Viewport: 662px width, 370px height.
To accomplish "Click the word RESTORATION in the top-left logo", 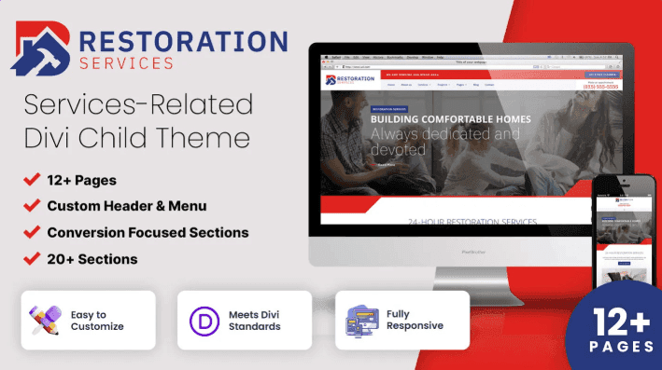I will pos(184,41).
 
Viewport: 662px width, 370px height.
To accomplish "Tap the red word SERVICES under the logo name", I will pos(127,63).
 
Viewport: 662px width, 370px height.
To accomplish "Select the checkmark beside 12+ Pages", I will pos(32,179).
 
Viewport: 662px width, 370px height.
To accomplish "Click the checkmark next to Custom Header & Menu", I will pos(32,205).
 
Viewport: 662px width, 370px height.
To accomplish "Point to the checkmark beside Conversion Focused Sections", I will pos(32,232).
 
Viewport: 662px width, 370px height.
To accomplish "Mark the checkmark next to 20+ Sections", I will pos(32,258).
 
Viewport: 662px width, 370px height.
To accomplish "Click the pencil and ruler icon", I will pos(45,320).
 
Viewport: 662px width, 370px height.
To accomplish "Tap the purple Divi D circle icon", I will pos(202,320).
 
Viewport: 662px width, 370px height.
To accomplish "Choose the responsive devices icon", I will pos(360,320).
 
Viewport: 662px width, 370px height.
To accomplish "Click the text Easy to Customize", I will pos(97,321).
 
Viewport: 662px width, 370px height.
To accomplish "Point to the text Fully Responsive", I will pos(415,321).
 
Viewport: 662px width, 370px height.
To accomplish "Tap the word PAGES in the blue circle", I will pos(622,347).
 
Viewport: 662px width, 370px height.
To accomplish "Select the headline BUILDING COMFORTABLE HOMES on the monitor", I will pos(450,119).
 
